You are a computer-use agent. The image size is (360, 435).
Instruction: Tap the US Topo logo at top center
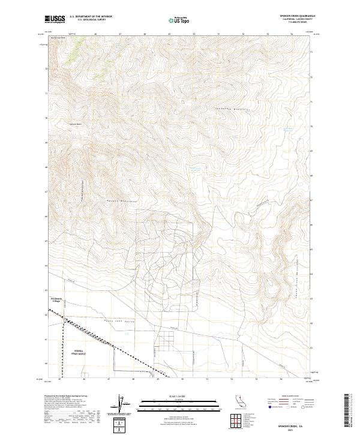coord(179,20)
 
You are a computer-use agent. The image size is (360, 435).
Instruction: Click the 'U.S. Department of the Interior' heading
coord(91,16)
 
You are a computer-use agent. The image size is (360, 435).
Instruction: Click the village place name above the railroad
coord(52,299)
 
